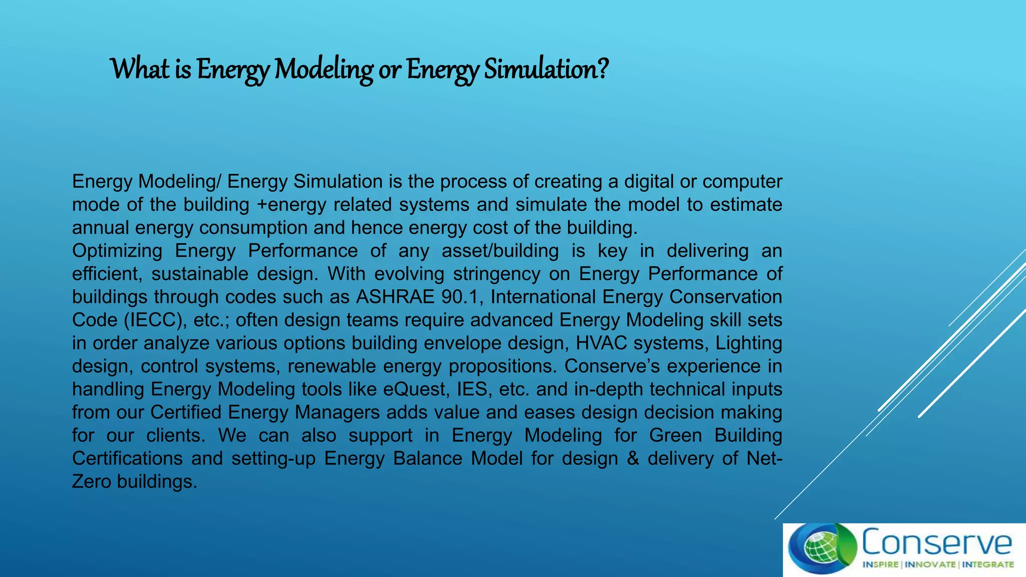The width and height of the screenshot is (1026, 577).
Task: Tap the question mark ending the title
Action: click(x=602, y=69)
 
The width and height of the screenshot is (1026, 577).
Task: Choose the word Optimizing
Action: click(x=117, y=251)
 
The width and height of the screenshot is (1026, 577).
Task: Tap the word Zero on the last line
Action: click(x=91, y=481)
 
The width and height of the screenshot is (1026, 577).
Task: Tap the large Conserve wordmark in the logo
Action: click(x=936, y=542)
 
